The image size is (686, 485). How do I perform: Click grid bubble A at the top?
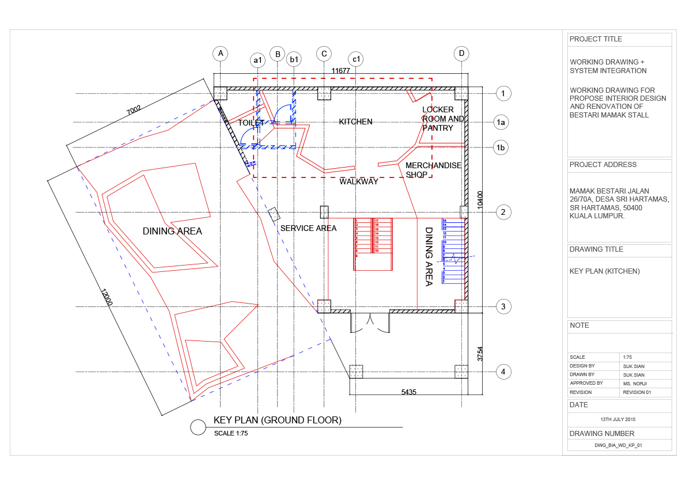(220, 54)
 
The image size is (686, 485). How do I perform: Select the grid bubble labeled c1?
(356, 59)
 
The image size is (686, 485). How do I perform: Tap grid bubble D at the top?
(461, 54)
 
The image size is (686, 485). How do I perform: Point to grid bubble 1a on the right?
(502, 122)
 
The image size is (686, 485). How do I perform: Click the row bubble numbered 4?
(503, 372)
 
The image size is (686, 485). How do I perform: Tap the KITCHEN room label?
(355, 122)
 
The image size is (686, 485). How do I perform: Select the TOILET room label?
(251, 123)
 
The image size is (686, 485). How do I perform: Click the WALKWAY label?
(358, 181)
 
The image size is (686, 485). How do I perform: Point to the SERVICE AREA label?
(308, 228)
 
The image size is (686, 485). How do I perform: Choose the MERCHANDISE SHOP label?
(433, 170)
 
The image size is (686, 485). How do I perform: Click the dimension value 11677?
(341, 70)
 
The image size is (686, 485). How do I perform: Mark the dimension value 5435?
(408, 392)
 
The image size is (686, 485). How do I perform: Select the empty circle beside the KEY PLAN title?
(198, 427)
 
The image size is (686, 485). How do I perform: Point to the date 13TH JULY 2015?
(620, 419)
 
